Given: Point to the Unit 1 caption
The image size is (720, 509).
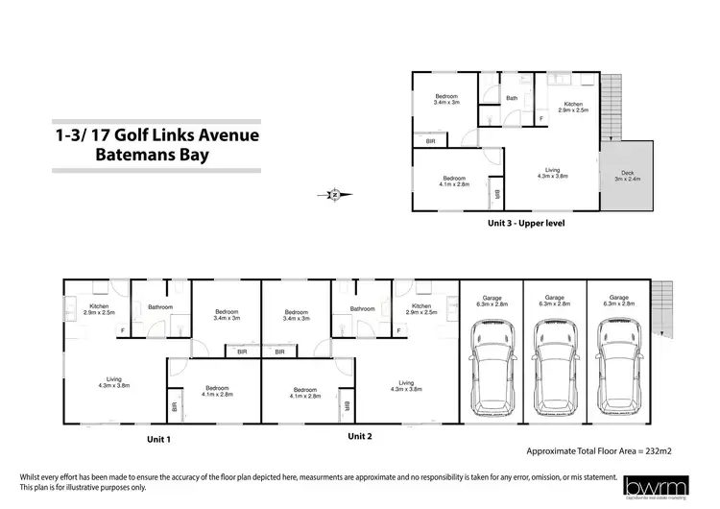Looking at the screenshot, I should [x=157, y=439].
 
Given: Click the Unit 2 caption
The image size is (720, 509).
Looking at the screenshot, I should [x=359, y=436].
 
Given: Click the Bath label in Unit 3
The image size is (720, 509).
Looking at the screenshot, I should [x=512, y=98].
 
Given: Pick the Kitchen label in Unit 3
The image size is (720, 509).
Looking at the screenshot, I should [x=573, y=108].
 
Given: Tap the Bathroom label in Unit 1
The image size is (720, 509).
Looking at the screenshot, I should [x=159, y=308].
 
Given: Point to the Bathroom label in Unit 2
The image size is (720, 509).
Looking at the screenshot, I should [x=362, y=308].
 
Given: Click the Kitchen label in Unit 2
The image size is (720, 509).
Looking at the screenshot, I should [x=421, y=310].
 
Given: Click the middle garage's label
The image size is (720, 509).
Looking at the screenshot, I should [x=554, y=301].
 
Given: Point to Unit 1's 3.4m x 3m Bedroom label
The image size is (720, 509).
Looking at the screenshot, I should [x=227, y=314].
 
